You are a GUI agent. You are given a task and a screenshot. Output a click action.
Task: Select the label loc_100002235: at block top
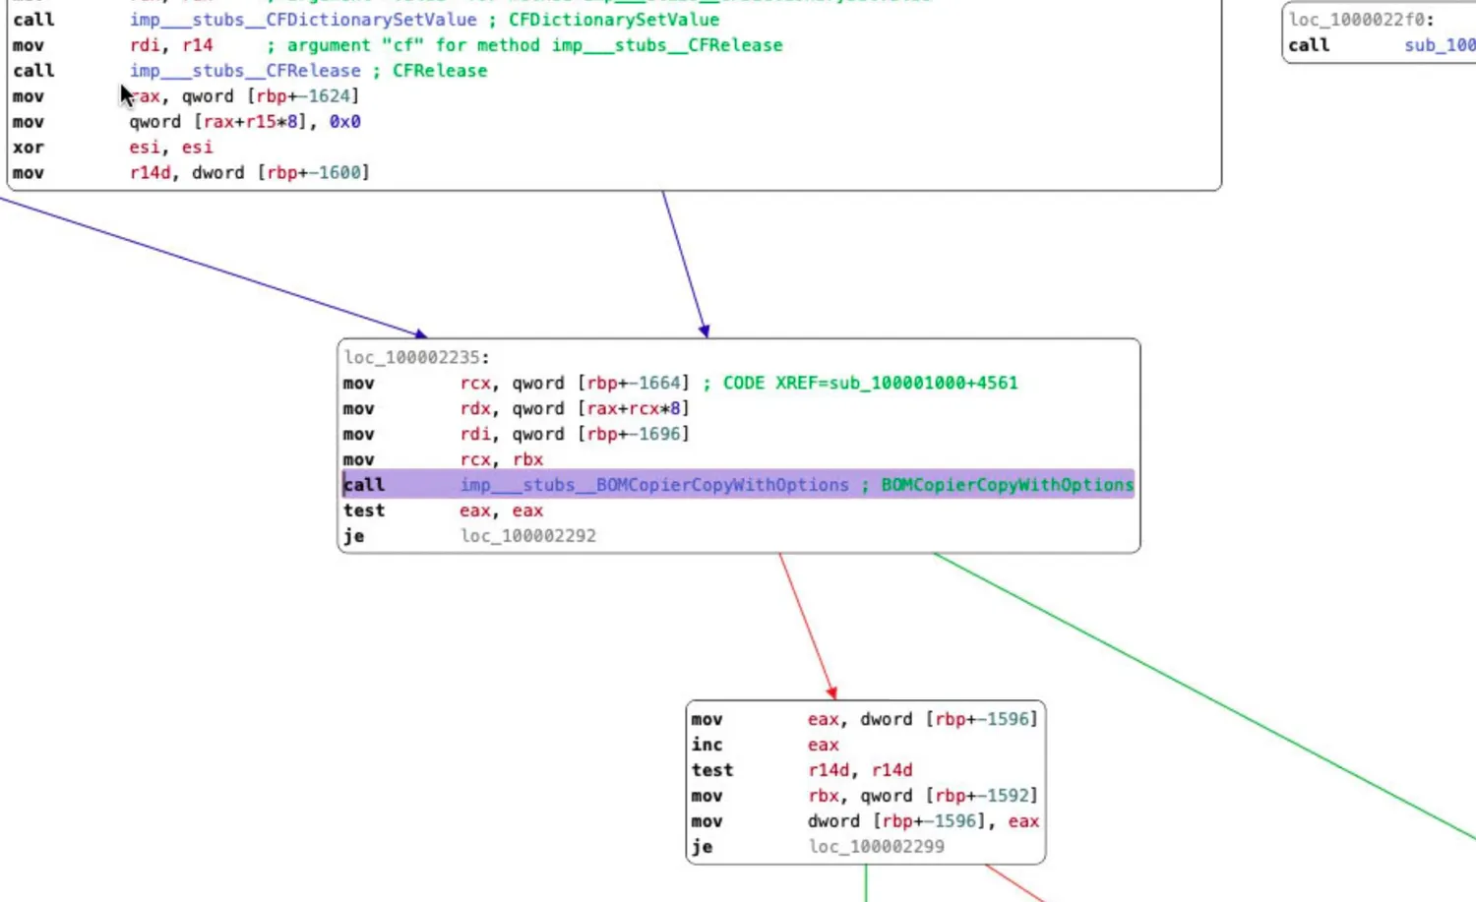(x=416, y=357)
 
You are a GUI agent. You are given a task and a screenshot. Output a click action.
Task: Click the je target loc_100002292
(x=527, y=536)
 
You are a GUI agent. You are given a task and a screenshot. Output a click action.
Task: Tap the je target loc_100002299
(x=876, y=847)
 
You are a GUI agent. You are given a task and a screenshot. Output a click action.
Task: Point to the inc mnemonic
(x=707, y=745)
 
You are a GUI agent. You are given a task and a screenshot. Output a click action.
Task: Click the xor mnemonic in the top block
(x=28, y=148)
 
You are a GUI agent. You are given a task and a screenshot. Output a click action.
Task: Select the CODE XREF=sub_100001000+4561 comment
(x=870, y=383)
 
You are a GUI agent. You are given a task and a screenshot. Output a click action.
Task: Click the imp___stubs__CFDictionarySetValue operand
(x=303, y=20)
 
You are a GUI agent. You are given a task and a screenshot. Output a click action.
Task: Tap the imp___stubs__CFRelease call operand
(x=245, y=71)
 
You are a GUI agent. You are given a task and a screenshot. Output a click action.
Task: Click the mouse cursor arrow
(x=126, y=94)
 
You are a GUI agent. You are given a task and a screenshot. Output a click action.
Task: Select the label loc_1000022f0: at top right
(x=1361, y=20)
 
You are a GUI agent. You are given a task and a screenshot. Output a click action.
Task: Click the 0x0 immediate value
(x=344, y=122)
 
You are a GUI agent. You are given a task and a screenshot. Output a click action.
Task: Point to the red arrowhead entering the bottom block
(x=831, y=693)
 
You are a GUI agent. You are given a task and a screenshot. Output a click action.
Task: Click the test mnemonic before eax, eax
(x=364, y=511)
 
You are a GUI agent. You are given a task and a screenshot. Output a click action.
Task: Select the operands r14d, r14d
(x=860, y=770)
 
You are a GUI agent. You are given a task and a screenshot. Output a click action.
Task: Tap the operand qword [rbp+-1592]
(x=950, y=796)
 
